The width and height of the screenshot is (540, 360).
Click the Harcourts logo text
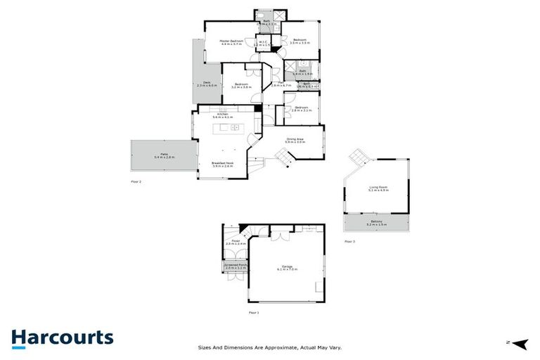62,337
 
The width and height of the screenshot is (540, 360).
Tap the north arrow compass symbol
520,343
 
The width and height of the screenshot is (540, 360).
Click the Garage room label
287,266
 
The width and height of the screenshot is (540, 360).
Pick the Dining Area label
295,140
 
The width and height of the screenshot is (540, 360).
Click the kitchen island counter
230,128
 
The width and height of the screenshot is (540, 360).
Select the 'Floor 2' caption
136,182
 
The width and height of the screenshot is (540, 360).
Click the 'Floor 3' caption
349,241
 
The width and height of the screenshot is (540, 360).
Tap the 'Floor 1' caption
254,312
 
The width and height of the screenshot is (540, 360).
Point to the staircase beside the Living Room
359,157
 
